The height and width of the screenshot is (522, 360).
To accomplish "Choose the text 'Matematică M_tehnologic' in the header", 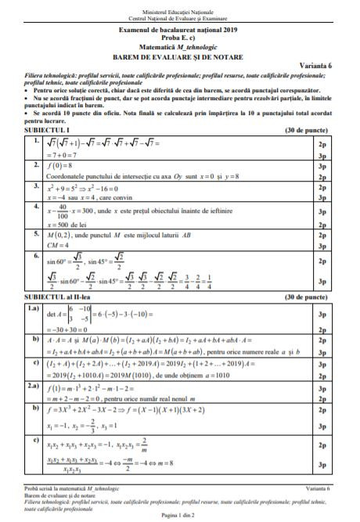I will pyautogui.click(x=179, y=45).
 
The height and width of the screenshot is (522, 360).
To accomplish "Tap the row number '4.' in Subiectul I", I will pyautogui.click(x=36, y=206).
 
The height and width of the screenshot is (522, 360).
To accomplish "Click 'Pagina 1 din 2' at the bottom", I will pyautogui.click(x=179, y=514).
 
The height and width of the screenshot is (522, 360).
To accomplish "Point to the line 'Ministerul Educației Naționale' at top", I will pyautogui.click(x=179, y=6).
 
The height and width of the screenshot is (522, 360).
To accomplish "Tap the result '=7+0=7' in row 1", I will pyautogui.click(x=65, y=156).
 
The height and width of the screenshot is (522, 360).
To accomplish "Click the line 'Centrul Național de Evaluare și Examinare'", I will pyautogui.click(x=179, y=13).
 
